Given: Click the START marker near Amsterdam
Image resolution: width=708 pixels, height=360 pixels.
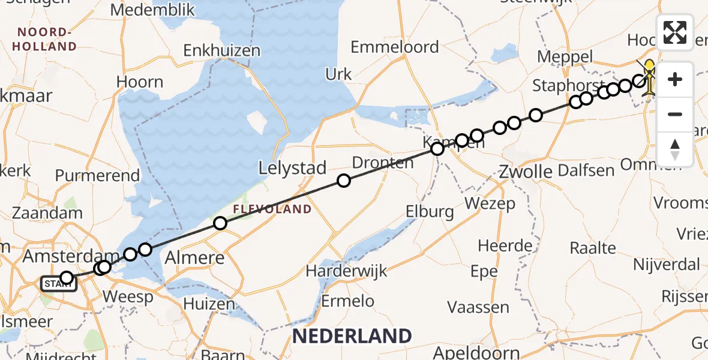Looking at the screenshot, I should click(58, 284).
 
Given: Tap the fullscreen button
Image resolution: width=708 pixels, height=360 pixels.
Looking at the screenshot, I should click(675, 32).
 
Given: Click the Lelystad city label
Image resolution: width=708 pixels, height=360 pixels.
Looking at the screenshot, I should click(292, 168).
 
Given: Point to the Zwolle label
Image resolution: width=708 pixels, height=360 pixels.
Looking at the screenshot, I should click(526, 172).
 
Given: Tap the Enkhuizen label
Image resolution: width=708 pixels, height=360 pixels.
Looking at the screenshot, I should click(222, 51).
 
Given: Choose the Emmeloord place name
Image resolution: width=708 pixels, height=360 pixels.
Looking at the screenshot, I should click(395, 47).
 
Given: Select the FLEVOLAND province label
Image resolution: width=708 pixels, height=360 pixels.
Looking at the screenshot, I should click(272, 209).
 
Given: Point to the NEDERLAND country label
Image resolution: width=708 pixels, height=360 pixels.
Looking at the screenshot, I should click(352, 336).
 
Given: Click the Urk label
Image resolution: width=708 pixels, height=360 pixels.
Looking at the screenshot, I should click(338, 74).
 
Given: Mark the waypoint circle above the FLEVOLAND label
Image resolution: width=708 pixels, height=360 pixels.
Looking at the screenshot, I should click(220, 224).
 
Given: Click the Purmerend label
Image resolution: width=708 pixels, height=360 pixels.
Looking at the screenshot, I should click(97, 176).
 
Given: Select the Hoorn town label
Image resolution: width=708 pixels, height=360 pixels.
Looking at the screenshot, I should click(140, 82).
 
